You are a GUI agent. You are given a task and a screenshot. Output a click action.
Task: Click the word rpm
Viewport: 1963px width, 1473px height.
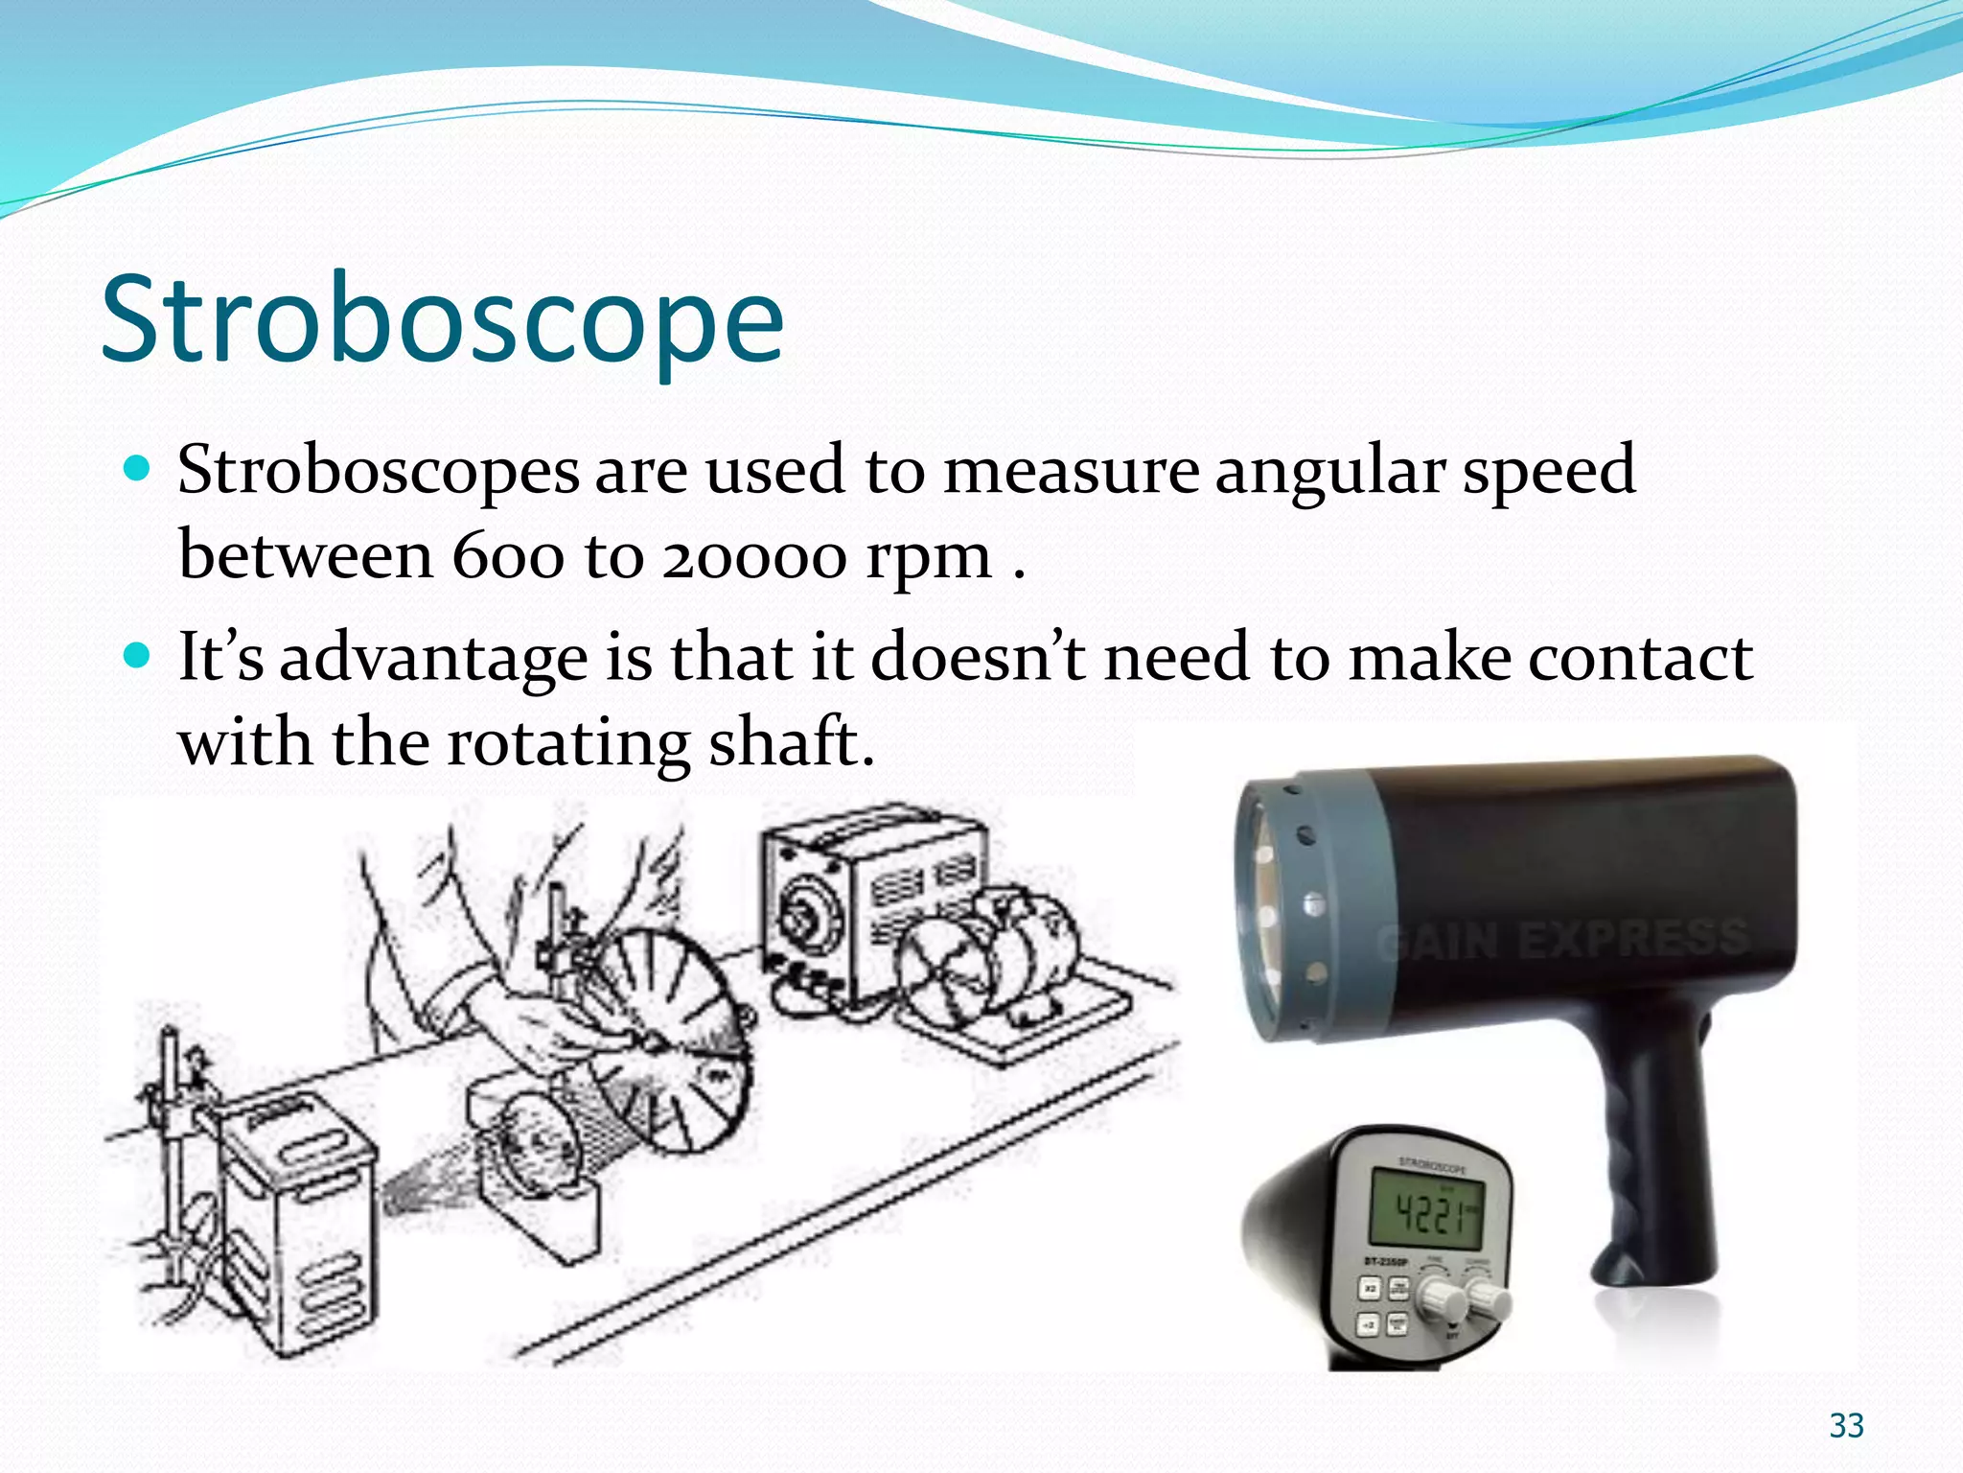pyautogui.click(x=928, y=559)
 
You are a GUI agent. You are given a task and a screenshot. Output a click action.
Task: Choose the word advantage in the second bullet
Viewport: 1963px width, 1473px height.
pyautogui.click(x=433, y=660)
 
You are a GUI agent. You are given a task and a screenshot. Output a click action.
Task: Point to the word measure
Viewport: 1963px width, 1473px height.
pyautogui.click(x=1071, y=471)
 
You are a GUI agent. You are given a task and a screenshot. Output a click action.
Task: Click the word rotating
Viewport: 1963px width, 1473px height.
pyautogui.click(x=568, y=744)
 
